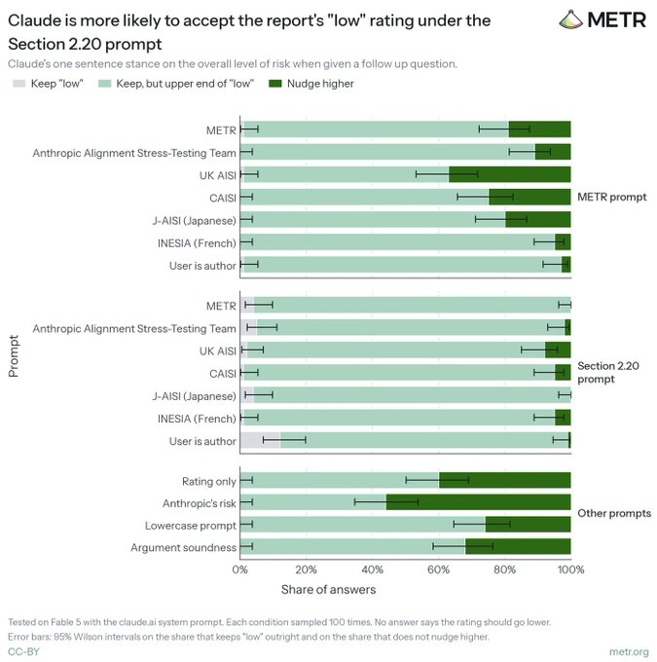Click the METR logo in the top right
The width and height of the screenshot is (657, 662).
[602, 19]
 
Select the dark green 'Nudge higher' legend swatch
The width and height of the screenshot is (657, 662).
[274, 84]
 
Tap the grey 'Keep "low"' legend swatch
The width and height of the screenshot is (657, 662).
[19, 84]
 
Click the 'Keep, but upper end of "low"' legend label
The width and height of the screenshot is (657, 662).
[185, 84]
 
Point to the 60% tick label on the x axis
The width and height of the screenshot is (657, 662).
[438, 570]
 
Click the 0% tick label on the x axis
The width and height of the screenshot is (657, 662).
[239, 570]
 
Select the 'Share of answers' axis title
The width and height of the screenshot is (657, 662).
[329, 589]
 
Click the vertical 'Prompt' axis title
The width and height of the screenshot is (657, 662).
[14, 356]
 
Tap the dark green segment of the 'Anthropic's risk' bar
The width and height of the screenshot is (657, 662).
[479, 502]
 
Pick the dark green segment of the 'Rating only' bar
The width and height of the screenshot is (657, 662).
[505, 480]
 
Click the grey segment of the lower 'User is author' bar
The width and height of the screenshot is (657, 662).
[260, 440]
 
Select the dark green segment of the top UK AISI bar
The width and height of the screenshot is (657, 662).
[510, 174]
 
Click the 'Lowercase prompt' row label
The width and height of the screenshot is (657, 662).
[191, 526]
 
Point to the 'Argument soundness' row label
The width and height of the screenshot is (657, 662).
[183, 547]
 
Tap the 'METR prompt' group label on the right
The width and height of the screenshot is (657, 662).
[612, 197]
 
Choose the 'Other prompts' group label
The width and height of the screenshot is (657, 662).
[614, 513]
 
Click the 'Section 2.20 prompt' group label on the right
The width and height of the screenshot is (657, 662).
[608, 372]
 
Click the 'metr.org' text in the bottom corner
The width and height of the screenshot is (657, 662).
[629, 652]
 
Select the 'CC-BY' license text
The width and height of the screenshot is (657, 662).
[23, 651]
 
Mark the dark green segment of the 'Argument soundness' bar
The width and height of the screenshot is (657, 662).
[518, 546]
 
